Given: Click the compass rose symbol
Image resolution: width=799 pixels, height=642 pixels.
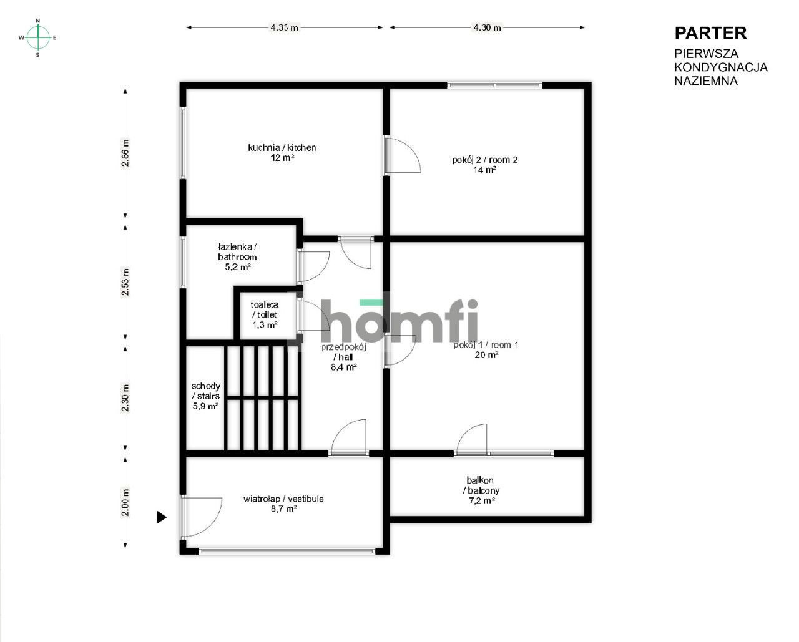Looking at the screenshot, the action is (x=37, y=37).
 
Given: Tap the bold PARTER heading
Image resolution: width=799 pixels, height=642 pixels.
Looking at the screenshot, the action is (x=710, y=33).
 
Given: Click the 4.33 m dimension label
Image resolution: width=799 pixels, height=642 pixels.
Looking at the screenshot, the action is (x=285, y=27).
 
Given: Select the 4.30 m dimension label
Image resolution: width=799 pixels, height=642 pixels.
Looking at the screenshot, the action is (x=487, y=27).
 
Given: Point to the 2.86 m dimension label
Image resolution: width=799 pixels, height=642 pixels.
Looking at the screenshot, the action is (x=125, y=153).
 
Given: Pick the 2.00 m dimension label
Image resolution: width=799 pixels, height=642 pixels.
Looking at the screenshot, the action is (x=125, y=502).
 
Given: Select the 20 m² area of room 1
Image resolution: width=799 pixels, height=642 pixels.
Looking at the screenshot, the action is (x=486, y=355).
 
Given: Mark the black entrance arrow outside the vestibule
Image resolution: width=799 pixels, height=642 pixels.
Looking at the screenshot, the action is (x=161, y=517).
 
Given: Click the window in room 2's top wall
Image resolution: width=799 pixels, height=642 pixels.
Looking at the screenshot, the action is (x=494, y=85).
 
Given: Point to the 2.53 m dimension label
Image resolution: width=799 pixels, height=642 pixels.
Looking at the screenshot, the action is (x=125, y=282).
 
